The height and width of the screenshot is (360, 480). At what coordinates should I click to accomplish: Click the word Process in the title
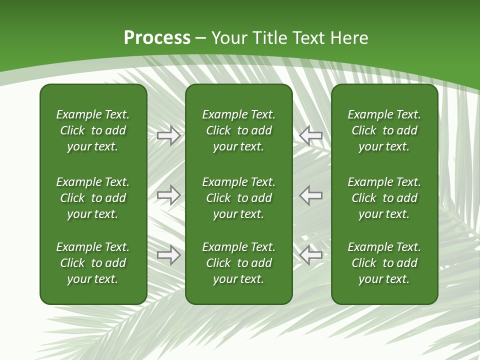click(x=157, y=38)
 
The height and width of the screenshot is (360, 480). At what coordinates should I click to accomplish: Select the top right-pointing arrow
click(x=168, y=135)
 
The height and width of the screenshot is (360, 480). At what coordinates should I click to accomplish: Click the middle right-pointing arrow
click(x=168, y=195)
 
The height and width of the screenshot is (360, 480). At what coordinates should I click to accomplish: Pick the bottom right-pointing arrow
click(x=168, y=255)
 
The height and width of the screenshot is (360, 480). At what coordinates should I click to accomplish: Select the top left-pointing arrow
click(x=310, y=135)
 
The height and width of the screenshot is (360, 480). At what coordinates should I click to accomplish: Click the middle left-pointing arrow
click(x=310, y=195)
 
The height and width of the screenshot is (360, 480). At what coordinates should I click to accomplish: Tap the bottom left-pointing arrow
click(x=310, y=255)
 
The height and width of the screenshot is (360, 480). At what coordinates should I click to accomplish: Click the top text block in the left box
click(x=93, y=130)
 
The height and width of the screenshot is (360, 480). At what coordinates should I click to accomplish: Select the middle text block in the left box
click(x=93, y=198)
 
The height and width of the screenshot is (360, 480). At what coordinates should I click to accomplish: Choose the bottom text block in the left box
click(x=93, y=263)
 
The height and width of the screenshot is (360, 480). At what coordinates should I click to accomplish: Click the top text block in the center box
click(x=238, y=130)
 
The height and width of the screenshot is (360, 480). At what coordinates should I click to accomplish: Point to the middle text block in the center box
click(x=238, y=198)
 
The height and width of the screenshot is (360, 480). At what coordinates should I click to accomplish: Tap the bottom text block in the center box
click(x=238, y=263)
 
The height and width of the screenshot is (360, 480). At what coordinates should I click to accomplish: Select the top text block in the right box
click(x=384, y=130)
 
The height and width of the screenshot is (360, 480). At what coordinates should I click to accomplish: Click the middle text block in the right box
click(x=384, y=198)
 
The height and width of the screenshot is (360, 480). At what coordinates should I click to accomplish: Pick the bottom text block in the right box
click(x=384, y=263)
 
